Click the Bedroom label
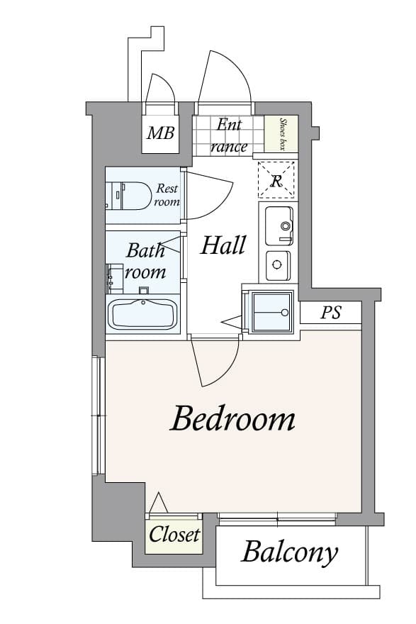click(x=232, y=419)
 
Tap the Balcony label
click(x=289, y=552)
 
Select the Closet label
click(x=174, y=535)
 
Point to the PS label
click(x=331, y=313)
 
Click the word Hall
click(x=223, y=245)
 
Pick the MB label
click(x=160, y=133)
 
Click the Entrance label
click(x=229, y=135)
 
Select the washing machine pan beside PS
click(x=268, y=312)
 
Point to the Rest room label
click(x=167, y=195)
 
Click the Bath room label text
click(x=145, y=260)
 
